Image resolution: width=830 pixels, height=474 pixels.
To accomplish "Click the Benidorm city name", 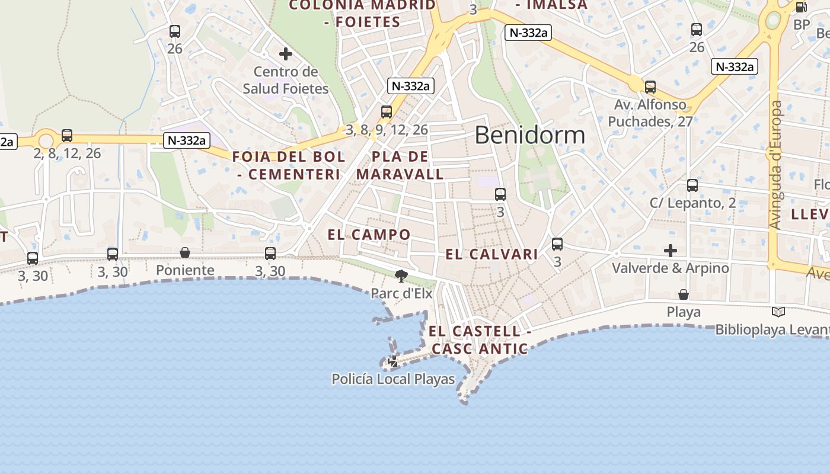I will (529, 135).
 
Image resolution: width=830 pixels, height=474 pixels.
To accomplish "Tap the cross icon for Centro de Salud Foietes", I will (286, 54).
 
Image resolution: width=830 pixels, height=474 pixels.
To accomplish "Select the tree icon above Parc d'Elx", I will (401, 276).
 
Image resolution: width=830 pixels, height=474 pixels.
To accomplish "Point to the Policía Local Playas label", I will (393, 379).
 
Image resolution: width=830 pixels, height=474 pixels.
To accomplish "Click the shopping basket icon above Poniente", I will (185, 253).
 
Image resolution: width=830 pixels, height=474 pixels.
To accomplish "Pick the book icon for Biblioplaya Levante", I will (778, 312).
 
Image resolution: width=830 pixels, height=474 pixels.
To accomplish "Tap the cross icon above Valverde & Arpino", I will (671, 251).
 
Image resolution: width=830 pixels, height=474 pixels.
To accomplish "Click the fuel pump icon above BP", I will (801, 7).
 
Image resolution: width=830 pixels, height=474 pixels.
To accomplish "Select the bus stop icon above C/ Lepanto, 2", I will (692, 185).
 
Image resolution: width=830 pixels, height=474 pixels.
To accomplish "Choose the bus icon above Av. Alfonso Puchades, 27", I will (650, 87).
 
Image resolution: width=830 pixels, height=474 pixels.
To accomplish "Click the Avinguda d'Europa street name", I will (775, 165).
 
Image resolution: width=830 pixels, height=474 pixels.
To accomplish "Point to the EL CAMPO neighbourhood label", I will (369, 235).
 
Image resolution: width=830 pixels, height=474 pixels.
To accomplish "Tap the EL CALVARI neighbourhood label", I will (491, 255).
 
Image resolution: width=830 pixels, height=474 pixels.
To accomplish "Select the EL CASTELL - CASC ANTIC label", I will (480, 340).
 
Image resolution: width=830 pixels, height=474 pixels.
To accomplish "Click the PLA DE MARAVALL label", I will (400, 166).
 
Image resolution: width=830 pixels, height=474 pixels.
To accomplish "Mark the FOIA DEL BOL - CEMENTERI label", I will (289, 166).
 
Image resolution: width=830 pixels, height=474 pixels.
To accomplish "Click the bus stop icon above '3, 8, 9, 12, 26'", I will (387, 112).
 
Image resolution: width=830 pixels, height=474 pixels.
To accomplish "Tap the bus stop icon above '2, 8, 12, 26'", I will (67, 136).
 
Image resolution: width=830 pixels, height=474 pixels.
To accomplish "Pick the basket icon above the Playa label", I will (684, 294).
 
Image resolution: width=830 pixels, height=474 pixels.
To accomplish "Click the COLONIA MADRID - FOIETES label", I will (362, 14).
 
